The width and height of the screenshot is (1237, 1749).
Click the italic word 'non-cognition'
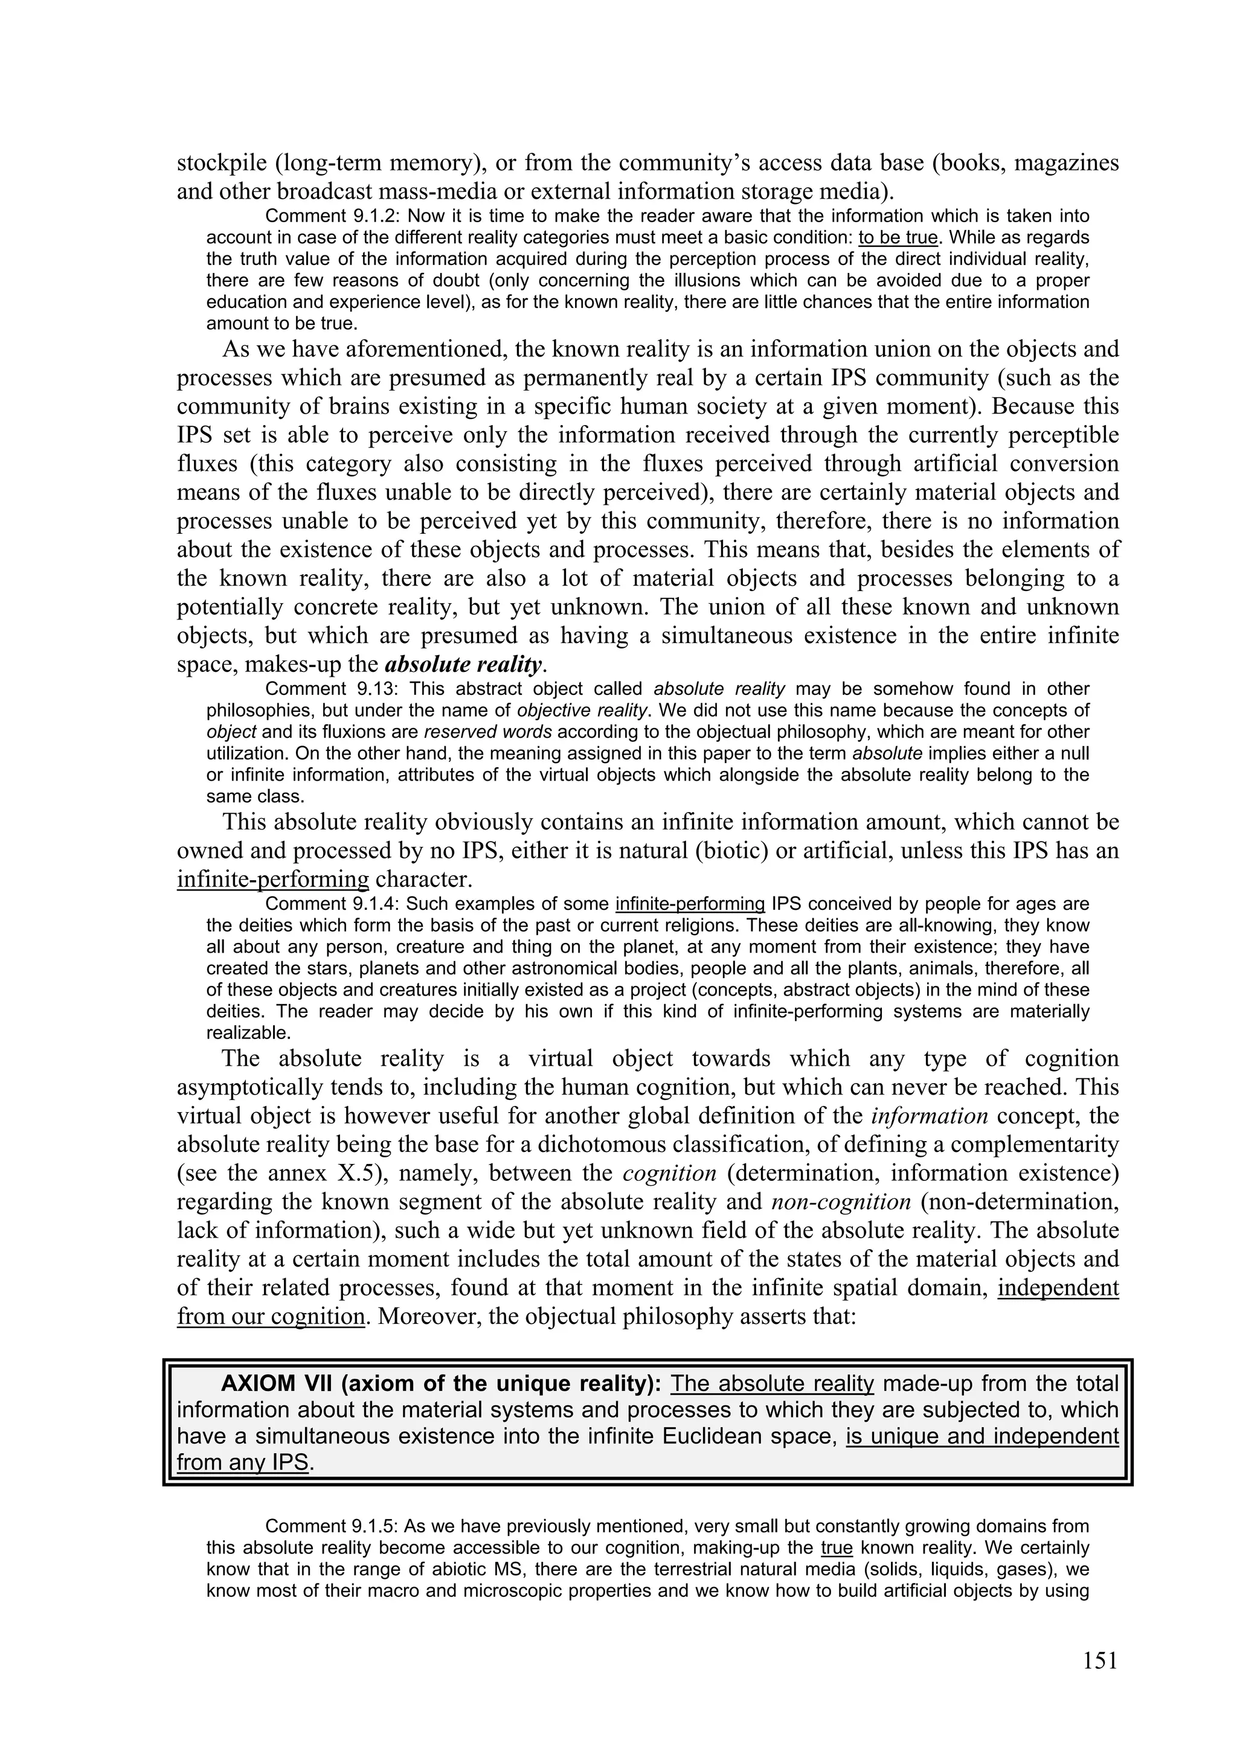[841, 1202]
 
